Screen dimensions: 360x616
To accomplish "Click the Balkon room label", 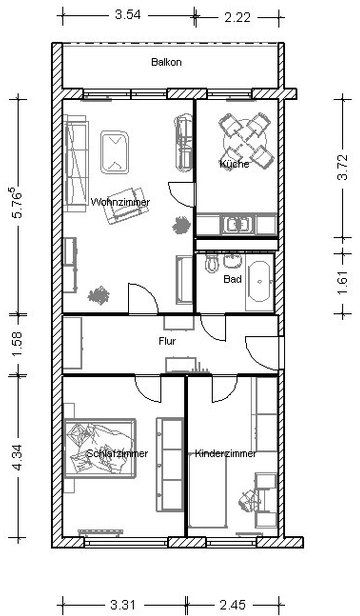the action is tap(166, 62).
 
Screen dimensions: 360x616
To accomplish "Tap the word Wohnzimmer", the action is tap(120, 202).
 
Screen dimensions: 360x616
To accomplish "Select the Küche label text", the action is tap(234, 163).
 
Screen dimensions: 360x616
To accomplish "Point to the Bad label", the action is tap(232, 279).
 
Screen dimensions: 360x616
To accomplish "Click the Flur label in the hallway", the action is tap(167, 341).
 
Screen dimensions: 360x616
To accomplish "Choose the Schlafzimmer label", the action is tap(117, 453).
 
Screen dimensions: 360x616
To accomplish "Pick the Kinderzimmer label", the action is tap(226, 453).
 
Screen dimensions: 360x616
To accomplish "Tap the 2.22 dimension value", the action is tap(237, 17).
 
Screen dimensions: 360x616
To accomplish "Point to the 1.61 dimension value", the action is tap(343, 282).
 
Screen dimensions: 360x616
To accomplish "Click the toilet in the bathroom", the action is tap(212, 262).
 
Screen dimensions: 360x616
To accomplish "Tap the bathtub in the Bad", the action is tap(259, 282).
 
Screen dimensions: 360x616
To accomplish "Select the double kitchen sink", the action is tap(237, 224).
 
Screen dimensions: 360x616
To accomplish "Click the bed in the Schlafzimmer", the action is tap(100, 448).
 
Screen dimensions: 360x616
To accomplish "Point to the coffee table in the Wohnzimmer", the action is tap(114, 152).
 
